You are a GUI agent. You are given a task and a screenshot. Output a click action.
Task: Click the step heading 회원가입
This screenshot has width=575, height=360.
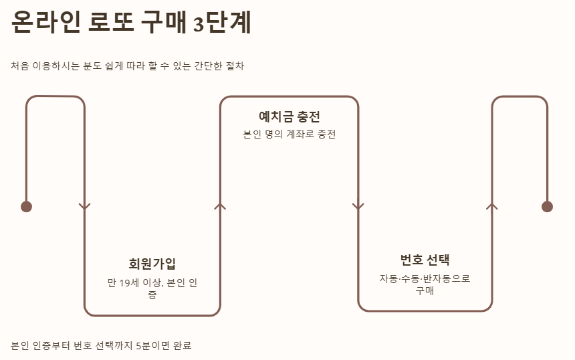tap(152, 264)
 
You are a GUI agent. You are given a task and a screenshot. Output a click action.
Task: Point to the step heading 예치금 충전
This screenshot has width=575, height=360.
tap(290, 116)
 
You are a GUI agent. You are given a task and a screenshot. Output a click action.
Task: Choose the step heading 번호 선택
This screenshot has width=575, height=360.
tap(425, 260)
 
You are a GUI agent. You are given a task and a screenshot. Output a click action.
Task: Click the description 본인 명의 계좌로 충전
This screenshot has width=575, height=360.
tap(290, 134)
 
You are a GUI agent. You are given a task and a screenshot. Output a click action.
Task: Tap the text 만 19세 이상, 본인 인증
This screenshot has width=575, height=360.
tap(152, 288)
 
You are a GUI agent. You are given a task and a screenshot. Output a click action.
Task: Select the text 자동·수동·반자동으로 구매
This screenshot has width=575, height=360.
tap(425, 284)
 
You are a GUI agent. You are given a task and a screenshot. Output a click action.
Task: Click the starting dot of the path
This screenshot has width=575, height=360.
tap(27, 206)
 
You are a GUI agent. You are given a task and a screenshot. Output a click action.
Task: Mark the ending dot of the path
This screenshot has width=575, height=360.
tap(548, 206)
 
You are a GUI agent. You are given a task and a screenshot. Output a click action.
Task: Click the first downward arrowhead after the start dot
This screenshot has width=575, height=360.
tap(84, 206)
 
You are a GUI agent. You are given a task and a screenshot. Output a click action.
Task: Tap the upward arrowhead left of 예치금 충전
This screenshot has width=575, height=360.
tap(221, 206)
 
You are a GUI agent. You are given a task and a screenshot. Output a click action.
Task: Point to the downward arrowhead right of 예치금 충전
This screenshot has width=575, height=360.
tap(358, 206)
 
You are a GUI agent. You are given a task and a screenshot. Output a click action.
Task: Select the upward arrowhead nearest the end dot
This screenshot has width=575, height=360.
tap(492, 206)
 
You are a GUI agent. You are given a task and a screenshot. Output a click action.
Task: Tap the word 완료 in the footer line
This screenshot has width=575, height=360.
tap(183, 346)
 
